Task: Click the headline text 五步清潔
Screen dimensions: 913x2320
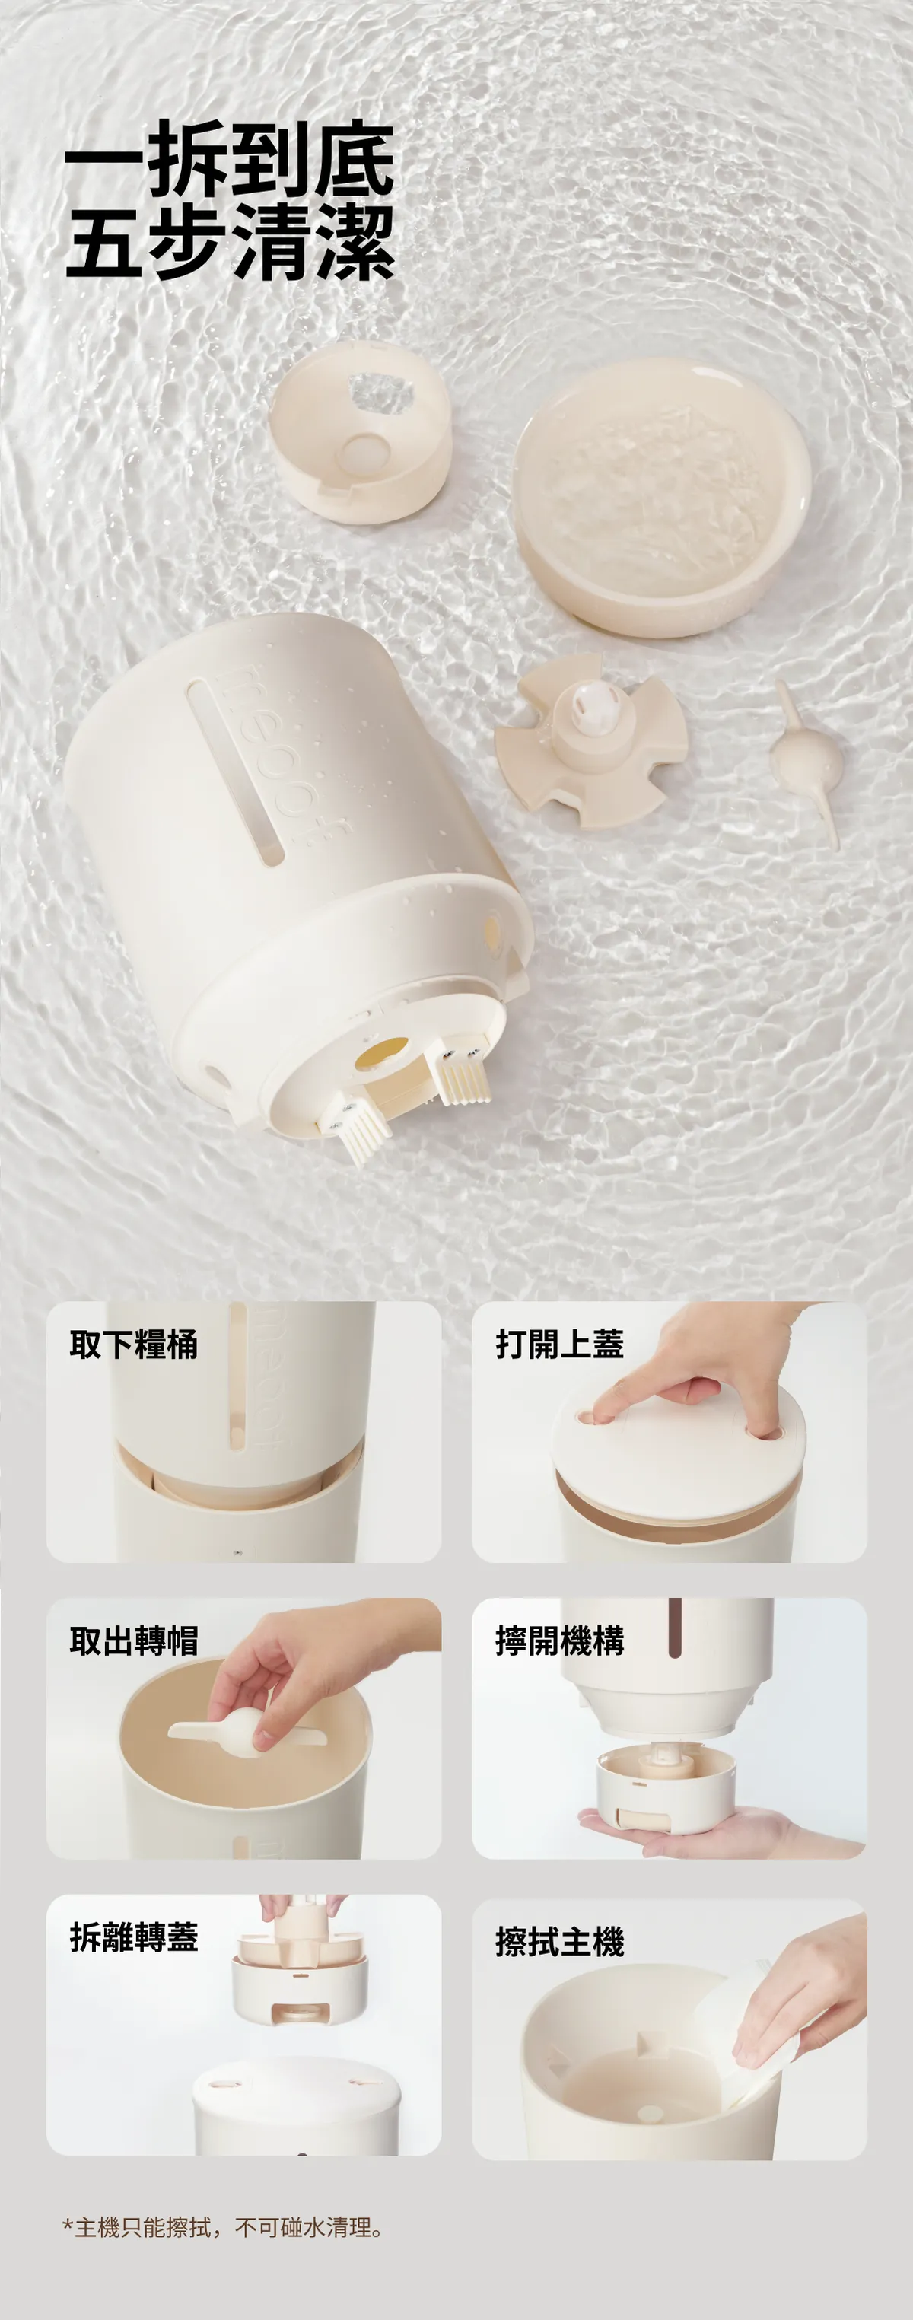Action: (x=230, y=241)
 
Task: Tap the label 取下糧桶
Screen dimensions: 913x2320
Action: (x=133, y=1345)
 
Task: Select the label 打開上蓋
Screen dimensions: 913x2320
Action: (x=559, y=1344)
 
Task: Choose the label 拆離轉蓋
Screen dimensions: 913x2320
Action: (x=133, y=1937)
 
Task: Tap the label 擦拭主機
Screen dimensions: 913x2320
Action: (x=559, y=1942)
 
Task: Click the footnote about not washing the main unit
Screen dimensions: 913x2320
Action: (x=223, y=2227)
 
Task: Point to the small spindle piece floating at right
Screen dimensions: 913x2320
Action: (x=809, y=764)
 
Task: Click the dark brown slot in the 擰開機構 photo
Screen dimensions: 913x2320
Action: (x=673, y=1628)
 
